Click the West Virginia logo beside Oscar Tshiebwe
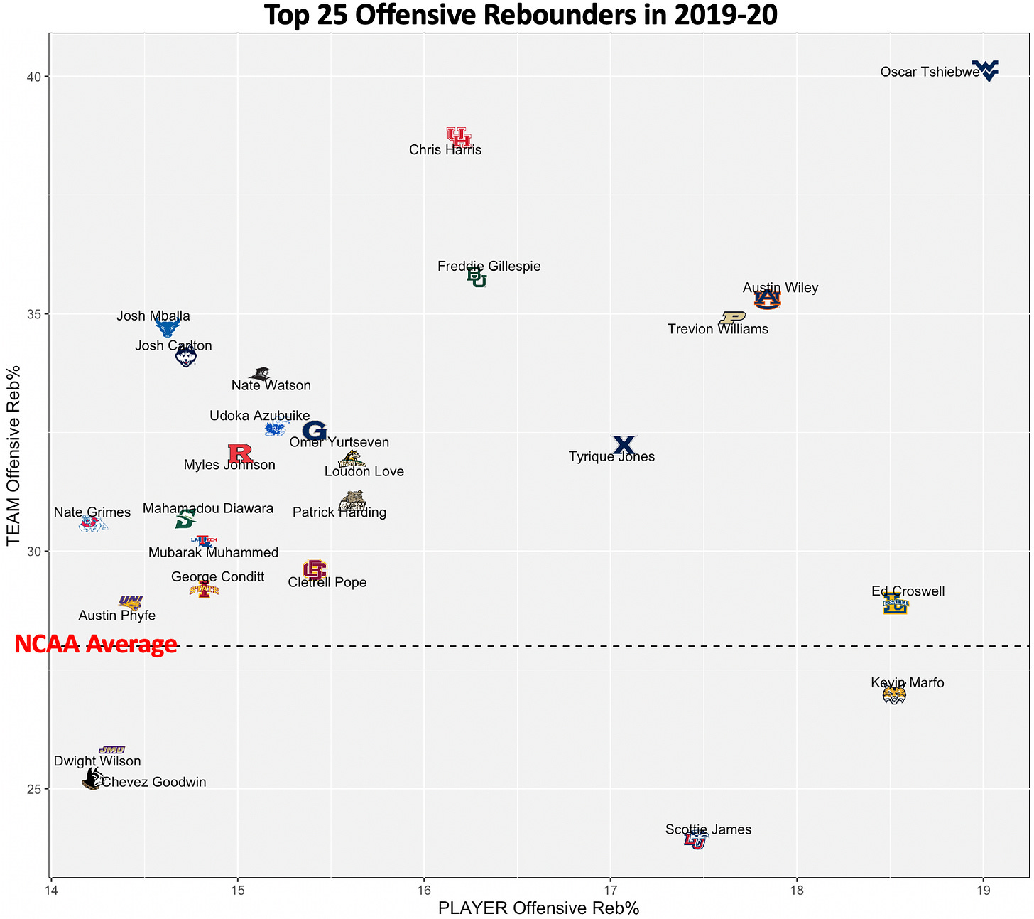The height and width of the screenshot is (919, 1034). click(986, 70)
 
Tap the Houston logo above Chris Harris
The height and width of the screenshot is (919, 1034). click(459, 136)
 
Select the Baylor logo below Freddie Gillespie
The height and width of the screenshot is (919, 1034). click(477, 278)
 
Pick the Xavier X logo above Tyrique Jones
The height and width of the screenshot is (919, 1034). click(624, 445)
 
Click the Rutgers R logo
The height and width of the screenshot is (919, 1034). click(240, 453)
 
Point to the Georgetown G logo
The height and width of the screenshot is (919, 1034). click(314, 430)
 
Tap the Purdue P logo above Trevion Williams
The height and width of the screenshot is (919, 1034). click(732, 317)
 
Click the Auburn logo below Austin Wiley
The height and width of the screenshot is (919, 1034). click(767, 300)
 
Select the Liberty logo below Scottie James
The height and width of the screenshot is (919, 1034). click(695, 841)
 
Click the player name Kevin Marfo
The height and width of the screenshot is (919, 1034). click(908, 683)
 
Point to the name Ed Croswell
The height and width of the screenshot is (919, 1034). click(908, 591)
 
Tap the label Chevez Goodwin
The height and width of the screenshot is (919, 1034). click(154, 783)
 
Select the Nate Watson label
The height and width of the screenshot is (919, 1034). click(271, 386)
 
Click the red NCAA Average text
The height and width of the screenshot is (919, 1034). click(96, 644)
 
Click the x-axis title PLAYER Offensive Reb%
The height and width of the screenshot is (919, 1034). click(538, 908)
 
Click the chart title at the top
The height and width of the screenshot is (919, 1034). click(521, 15)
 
